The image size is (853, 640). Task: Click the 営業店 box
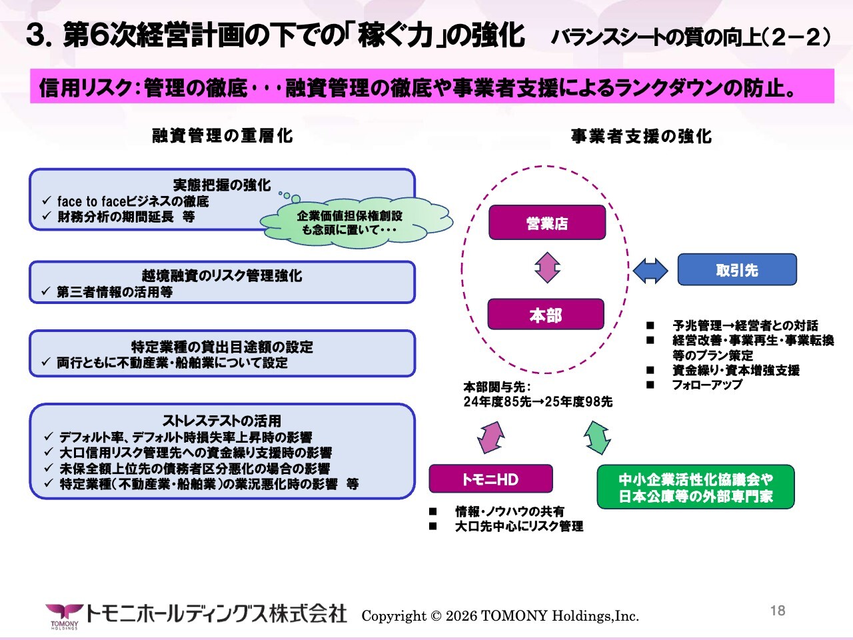click(x=546, y=222)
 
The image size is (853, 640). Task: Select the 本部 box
click(x=546, y=314)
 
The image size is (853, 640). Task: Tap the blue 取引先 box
click(x=737, y=270)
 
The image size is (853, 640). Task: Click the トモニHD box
click(x=490, y=479)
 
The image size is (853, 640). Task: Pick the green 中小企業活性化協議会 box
click(x=696, y=487)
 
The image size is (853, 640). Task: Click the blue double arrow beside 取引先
click(x=650, y=271)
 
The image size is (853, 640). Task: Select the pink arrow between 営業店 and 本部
click(x=547, y=268)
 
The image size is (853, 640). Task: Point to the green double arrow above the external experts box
click(x=597, y=437)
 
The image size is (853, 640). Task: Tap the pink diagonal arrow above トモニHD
click(x=491, y=437)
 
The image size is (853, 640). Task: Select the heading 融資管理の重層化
click(x=223, y=136)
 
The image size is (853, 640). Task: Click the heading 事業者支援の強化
click(x=641, y=137)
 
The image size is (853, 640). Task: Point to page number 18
click(x=778, y=611)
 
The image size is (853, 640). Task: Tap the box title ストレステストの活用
click(x=221, y=421)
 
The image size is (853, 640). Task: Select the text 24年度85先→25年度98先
click(x=538, y=401)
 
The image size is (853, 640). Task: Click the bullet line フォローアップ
click(x=707, y=385)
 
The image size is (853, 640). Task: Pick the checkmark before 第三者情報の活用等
click(x=46, y=291)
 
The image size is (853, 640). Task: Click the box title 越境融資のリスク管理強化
click(x=221, y=275)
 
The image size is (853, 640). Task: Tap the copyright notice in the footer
click(x=500, y=616)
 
